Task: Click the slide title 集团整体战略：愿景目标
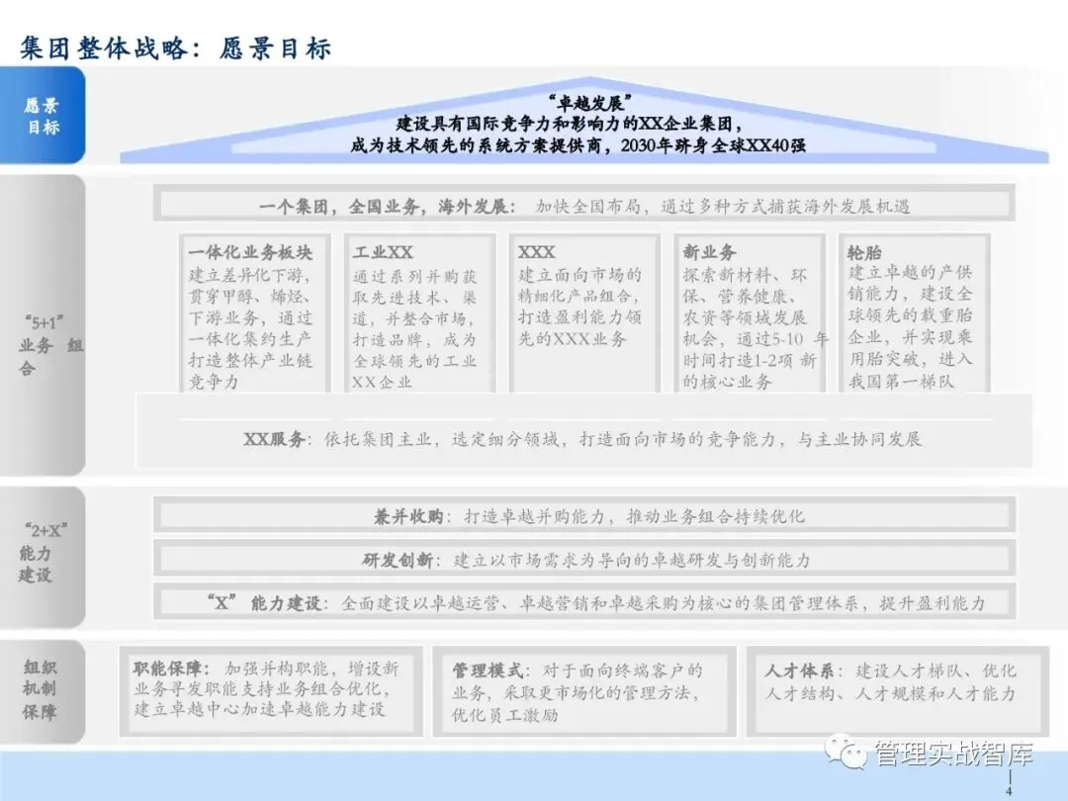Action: point(175,46)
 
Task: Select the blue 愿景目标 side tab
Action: point(43,116)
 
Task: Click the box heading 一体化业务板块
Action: point(249,252)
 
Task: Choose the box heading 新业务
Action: point(709,252)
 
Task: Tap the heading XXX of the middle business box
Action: point(537,252)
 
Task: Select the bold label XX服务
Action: point(277,439)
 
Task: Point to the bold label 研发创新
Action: point(397,560)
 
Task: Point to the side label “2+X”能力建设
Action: point(42,553)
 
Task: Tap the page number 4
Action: point(1008,791)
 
